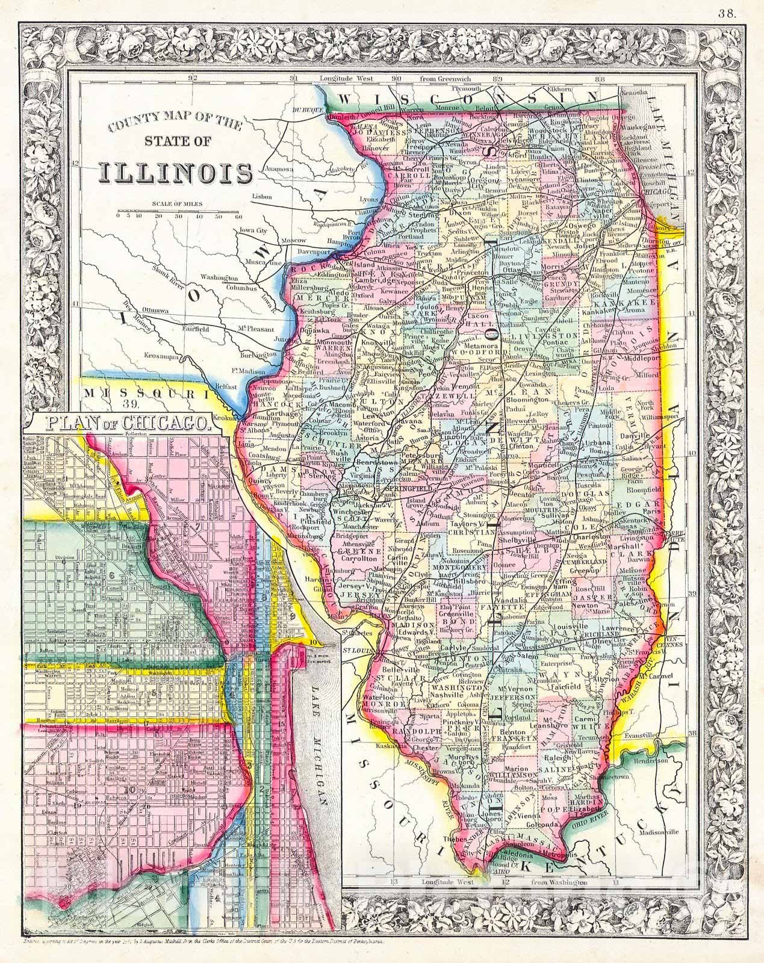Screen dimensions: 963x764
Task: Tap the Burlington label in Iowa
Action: click(x=261, y=354)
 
